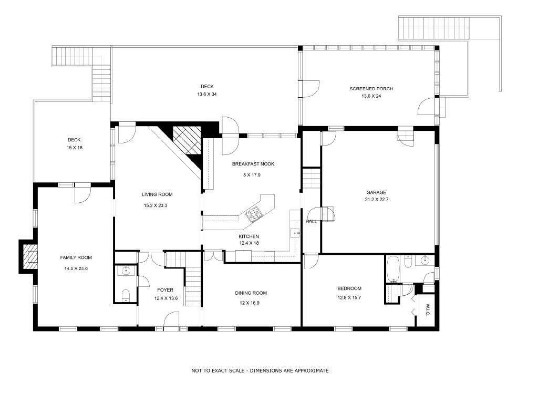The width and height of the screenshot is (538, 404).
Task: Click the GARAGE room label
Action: coord(376,192)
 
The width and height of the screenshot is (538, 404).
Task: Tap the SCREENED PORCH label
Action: coord(371,89)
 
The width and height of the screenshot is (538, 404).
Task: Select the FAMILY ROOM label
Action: coord(76,257)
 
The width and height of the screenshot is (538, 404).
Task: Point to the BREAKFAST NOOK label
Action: coord(253,164)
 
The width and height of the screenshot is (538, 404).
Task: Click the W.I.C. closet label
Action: coord(428,309)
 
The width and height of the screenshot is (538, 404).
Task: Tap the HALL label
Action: coord(311,222)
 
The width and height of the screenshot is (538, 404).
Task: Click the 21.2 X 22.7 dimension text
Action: coord(376,199)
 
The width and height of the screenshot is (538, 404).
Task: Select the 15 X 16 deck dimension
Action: coord(75,148)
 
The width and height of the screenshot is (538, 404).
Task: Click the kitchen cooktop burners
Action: coord(254,214)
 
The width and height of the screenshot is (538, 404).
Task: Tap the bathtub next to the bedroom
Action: coord(392,269)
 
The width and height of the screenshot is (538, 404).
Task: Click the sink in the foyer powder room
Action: coord(126,271)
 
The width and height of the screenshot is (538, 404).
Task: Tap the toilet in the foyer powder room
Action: coord(126,295)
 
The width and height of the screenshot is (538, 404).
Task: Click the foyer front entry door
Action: coord(171,321)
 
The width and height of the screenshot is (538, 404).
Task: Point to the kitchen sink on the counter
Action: coord(295,233)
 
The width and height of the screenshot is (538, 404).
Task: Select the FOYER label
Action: coord(165,290)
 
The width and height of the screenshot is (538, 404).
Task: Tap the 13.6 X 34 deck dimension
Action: coord(207,95)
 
